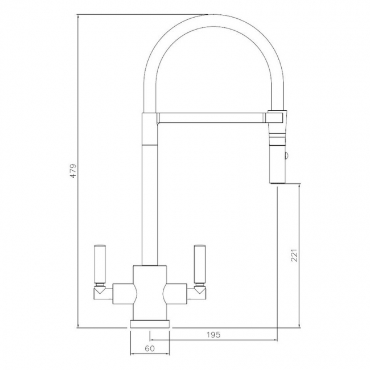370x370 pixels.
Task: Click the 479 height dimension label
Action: pyautogui.click(x=73, y=171)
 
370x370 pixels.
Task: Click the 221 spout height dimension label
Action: pyautogui.click(x=294, y=255)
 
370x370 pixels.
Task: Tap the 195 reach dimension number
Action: pyautogui.click(x=213, y=335)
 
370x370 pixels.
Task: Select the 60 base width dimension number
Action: pyautogui.click(x=150, y=348)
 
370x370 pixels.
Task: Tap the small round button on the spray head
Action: pyautogui.click(x=286, y=156)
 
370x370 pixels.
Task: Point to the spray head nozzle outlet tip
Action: pyautogui.click(x=278, y=182)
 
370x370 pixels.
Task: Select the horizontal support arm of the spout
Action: pyautogui.click(x=212, y=118)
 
